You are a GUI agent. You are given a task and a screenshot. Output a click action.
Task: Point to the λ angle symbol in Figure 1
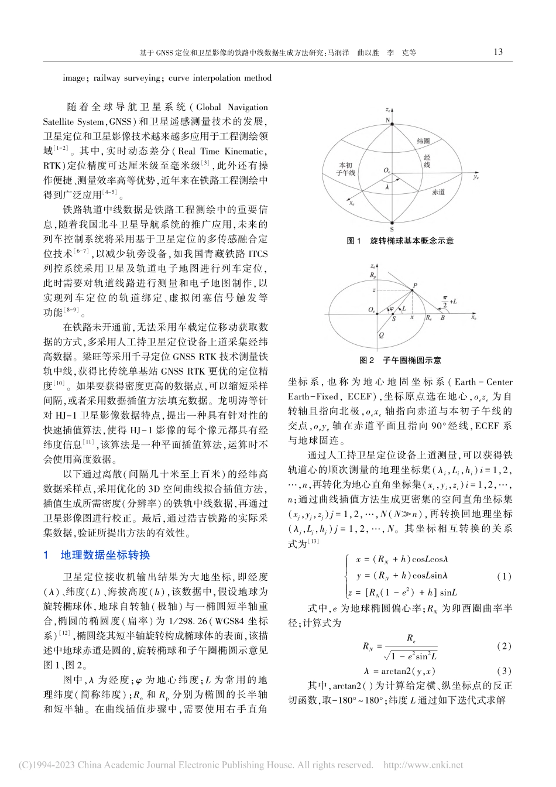point(387,187)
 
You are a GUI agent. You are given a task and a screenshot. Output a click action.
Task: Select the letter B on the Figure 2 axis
point(442,318)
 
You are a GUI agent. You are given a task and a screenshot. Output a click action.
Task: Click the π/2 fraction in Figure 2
point(444,299)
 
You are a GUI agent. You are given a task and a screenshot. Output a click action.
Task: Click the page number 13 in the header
point(499,52)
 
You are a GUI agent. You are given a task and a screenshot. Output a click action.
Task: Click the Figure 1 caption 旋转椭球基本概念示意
point(411,241)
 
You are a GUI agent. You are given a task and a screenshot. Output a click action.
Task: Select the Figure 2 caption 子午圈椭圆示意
point(411,360)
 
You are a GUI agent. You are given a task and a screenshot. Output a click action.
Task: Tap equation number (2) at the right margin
point(503,646)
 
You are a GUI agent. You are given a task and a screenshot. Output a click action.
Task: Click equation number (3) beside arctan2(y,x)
point(503,671)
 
